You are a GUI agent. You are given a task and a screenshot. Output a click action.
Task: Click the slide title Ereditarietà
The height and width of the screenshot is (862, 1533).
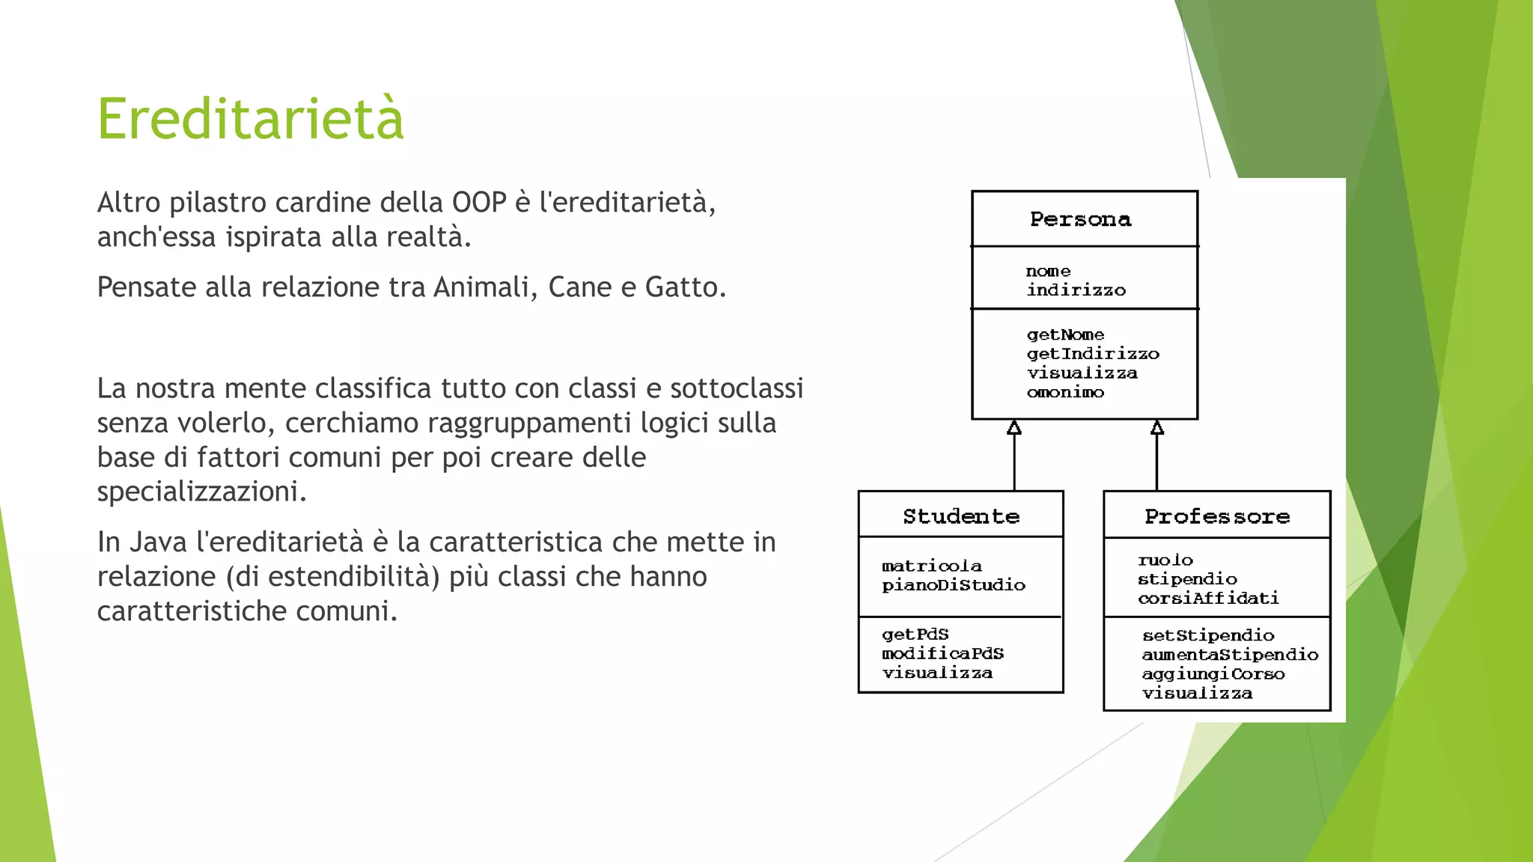coord(251,120)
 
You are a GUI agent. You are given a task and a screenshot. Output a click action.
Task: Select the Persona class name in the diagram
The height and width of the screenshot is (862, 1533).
coord(1080,219)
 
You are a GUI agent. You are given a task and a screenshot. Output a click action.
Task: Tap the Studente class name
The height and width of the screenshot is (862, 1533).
coord(961,516)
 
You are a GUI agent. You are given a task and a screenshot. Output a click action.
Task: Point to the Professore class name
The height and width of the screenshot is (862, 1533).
coord(1217,516)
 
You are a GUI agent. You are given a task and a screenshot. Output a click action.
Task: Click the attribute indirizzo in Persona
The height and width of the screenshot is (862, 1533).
coord(1076,290)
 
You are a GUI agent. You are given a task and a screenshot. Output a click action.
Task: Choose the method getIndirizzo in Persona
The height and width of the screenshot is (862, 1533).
coord(1092,354)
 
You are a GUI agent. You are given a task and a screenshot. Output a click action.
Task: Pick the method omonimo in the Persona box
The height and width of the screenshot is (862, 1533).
coord(1065,392)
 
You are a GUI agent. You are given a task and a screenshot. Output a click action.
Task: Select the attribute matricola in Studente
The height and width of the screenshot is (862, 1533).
coord(932,566)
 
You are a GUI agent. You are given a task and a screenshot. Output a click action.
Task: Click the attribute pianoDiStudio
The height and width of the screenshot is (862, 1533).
coord(954,585)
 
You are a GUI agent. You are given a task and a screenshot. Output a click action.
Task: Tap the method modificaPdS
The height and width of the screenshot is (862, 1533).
coord(942,653)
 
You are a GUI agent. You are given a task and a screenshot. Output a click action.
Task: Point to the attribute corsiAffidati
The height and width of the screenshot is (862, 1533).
coord(1208,598)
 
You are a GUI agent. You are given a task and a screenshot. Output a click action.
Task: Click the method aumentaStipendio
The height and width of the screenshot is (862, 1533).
coord(1230,655)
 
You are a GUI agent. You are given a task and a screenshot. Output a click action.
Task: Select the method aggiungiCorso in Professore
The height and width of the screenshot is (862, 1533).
coord(1213,674)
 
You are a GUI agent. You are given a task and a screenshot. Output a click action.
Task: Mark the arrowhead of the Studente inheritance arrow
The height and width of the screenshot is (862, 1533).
coord(1014,428)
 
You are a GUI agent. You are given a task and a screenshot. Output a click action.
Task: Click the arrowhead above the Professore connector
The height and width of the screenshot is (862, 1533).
coord(1157,428)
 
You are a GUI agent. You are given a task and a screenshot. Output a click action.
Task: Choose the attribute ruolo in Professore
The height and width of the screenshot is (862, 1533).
coord(1165,560)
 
